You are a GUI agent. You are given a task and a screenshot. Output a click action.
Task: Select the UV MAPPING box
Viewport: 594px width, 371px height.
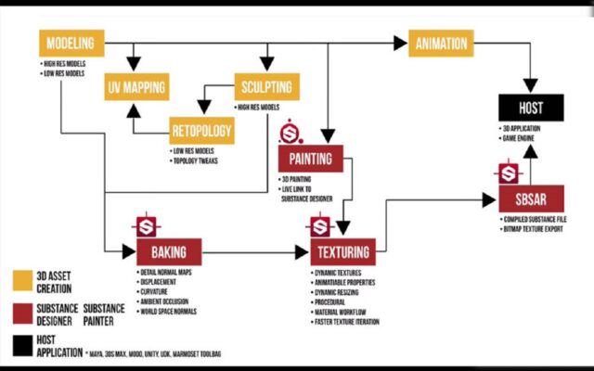136,88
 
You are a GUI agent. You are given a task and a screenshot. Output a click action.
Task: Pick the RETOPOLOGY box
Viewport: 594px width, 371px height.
200,131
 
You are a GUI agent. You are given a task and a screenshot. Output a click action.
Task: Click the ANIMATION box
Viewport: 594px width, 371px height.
441,43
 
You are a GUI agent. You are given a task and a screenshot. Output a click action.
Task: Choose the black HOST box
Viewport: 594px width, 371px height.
532,108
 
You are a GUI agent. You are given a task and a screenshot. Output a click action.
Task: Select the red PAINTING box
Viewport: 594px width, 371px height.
311,158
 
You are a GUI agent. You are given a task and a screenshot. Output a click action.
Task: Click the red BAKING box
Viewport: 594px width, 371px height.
169,251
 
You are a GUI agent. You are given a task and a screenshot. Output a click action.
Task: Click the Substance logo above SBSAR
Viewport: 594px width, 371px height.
507,173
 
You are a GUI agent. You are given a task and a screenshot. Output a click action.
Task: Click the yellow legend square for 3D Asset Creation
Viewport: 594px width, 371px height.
22,280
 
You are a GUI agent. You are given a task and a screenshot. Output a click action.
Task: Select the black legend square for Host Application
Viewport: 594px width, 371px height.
22,344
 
